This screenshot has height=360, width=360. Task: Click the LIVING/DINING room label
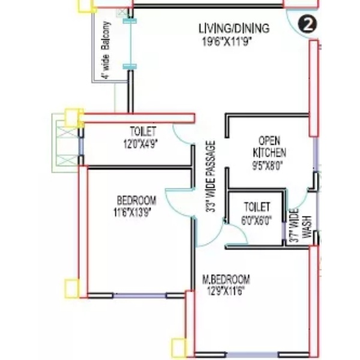pyautogui.click(x=234, y=29)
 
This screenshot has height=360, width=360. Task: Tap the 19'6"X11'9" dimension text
pyautogui.click(x=227, y=42)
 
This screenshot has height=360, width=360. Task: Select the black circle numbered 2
pyautogui.click(x=308, y=25)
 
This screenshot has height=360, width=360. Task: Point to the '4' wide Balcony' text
pyautogui.click(x=106, y=50)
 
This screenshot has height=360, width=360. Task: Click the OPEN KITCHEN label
pyautogui.click(x=269, y=147)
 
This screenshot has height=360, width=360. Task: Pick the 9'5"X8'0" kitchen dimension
pyautogui.click(x=267, y=166)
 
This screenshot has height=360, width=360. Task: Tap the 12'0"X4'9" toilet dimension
pyautogui.click(x=140, y=145)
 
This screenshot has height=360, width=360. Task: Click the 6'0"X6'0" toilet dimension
pyautogui.click(x=256, y=220)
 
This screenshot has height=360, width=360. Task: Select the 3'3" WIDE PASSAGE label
pyautogui.click(x=211, y=176)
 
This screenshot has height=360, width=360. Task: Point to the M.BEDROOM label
pyautogui.click(x=226, y=280)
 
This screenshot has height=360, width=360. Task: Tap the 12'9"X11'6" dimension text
pyautogui.click(x=226, y=292)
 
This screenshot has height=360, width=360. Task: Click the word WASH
pyautogui.click(x=307, y=227)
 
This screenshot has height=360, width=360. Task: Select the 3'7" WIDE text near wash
pyautogui.click(x=294, y=226)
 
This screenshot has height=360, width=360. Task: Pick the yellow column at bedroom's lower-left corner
pyautogui.click(x=72, y=289)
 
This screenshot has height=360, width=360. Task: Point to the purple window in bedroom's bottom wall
pyautogui.click(x=139, y=295)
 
